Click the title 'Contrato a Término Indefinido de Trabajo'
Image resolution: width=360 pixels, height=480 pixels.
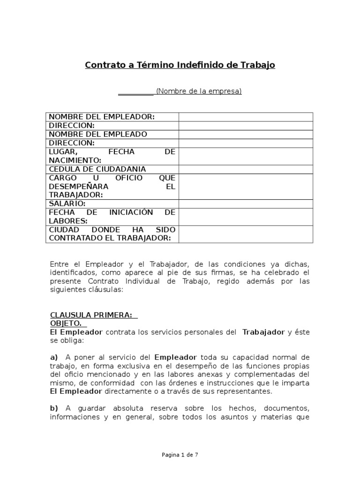click(180, 65)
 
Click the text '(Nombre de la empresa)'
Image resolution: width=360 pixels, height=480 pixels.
click(199, 91)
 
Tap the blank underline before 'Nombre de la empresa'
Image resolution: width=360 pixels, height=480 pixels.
click(135, 92)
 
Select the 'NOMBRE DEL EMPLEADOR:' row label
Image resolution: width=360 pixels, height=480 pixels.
click(102, 117)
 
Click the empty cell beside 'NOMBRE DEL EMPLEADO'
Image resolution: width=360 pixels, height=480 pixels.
click(246, 135)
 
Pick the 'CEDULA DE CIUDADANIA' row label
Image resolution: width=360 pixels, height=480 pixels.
click(97, 169)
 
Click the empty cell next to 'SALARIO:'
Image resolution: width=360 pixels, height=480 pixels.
click(246, 204)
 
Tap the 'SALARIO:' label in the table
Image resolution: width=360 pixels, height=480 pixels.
click(67, 204)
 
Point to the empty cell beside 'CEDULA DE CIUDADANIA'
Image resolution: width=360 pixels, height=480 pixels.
click(246, 169)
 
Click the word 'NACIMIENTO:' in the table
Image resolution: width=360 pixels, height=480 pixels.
click(75, 160)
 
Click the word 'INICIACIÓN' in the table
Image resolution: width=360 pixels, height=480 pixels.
click(131, 212)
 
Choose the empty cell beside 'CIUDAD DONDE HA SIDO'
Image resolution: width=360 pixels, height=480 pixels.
click(246, 234)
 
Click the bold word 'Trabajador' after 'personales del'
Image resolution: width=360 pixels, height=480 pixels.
click(263, 332)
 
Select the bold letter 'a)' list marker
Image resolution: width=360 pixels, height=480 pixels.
click(54, 357)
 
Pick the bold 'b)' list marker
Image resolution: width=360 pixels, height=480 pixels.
click(54, 408)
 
